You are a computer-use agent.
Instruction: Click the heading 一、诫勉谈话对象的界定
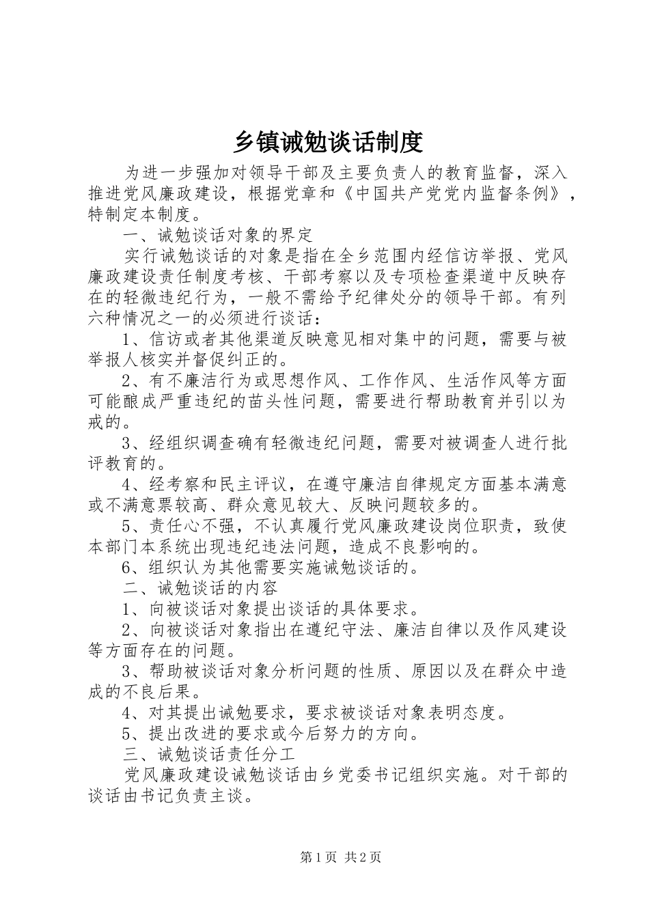point(218,235)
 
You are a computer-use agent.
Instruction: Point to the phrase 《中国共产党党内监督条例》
point(452,193)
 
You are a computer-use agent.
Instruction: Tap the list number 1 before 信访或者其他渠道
point(127,339)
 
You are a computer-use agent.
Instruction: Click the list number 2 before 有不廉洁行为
point(127,380)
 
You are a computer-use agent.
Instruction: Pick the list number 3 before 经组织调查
point(127,443)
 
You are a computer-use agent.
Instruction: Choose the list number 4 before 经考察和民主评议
point(127,484)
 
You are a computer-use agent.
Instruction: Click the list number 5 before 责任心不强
point(127,526)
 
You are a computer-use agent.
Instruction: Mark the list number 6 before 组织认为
point(127,567)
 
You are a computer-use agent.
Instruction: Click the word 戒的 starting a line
point(106,422)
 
